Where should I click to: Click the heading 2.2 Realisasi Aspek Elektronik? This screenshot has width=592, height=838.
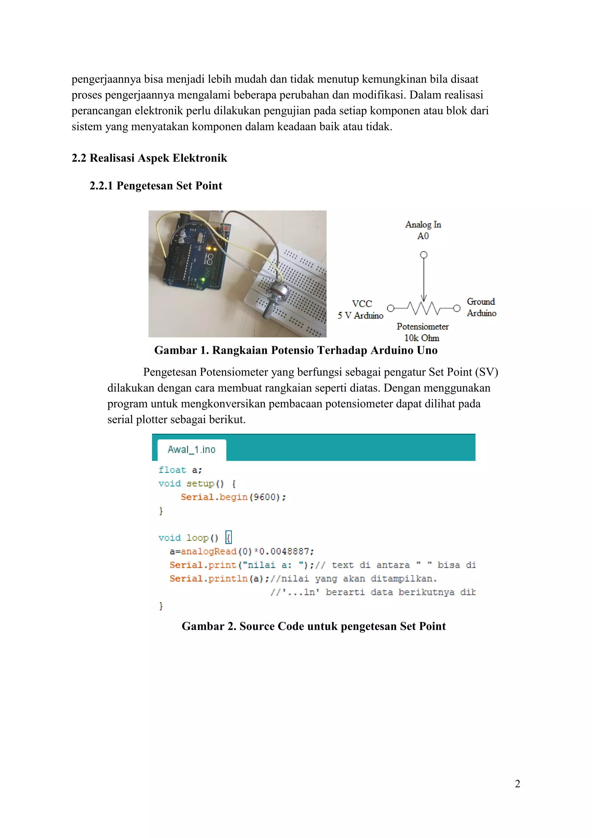[149, 158]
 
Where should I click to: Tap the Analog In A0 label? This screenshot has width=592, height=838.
[423, 230]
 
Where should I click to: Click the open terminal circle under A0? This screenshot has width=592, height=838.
[423, 255]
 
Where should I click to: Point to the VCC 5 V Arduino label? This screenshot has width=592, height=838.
[360, 310]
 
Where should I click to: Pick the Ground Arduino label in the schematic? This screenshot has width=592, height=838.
[481, 307]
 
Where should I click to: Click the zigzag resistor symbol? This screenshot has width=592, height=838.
[423, 308]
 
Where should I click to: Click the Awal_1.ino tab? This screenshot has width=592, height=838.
[191, 450]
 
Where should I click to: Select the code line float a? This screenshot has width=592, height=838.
[180, 470]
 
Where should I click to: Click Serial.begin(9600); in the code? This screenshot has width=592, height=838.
[233, 497]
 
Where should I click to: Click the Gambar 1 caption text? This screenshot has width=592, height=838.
[296, 350]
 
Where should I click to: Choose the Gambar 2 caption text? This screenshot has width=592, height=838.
[314, 626]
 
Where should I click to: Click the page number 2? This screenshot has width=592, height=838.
[517, 784]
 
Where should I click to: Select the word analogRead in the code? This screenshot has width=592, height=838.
[208, 552]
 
